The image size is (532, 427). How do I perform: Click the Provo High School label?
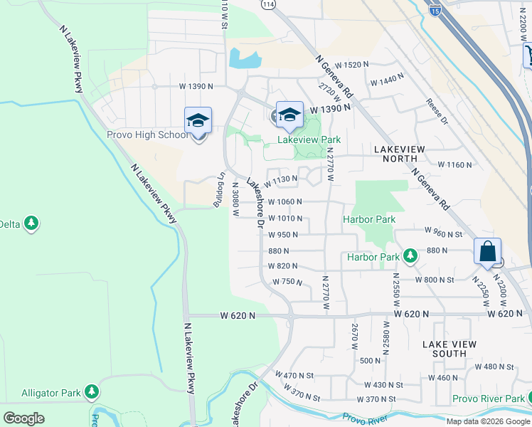point(148,135)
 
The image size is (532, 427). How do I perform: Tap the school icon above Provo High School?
point(198,120)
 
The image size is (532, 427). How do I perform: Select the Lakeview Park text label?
point(306,140)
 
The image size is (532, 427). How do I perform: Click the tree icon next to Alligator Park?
point(91,391)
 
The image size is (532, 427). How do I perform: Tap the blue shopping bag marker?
point(487,251)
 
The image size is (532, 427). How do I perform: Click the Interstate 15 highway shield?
point(435,9)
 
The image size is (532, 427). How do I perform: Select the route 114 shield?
point(267,4)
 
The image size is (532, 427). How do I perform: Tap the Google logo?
point(23,418)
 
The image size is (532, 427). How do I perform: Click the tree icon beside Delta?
point(31,224)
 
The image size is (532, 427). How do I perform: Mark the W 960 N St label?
point(443,232)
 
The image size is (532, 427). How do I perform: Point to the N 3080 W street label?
point(235,200)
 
